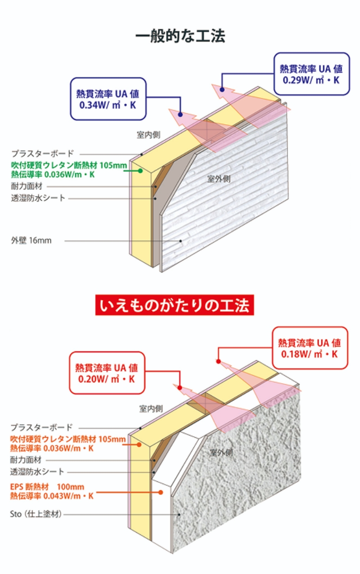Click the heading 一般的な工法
[x=180, y=36]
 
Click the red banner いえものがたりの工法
[x=175, y=306]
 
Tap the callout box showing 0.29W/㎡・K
[x=311, y=74]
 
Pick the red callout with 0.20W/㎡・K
[x=107, y=373]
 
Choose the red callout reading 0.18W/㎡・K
[x=310, y=348]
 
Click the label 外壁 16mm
[x=31, y=241]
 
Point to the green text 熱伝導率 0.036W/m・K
[x=53, y=174]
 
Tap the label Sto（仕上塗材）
[x=36, y=514]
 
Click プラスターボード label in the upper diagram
[x=42, y=153]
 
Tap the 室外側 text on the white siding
[x=219, y=179]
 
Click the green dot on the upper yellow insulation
[x=140, y=170]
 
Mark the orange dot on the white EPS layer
[x=161, y=492]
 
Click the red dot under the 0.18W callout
[x=218, y=361]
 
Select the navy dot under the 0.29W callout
[x=221, y=89]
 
